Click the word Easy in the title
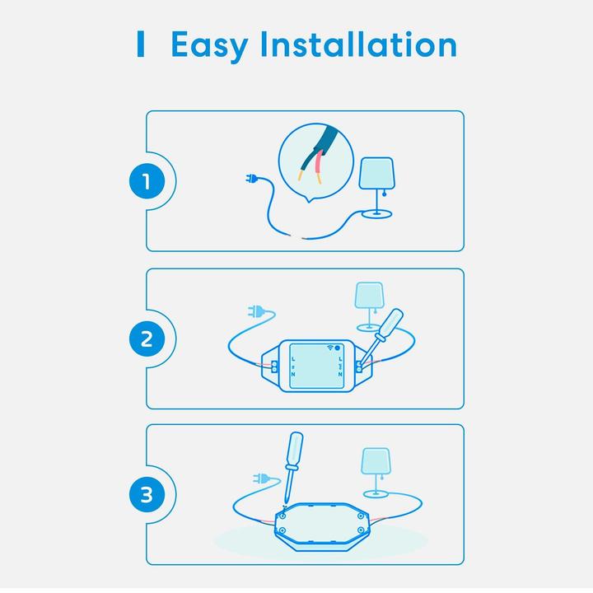[208, 46]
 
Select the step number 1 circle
[147, 181]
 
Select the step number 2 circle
[147, 339]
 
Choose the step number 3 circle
[147, 495]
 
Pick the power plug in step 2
[256, 312]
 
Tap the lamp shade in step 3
[377, 462]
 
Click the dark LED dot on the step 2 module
[338, 348]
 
